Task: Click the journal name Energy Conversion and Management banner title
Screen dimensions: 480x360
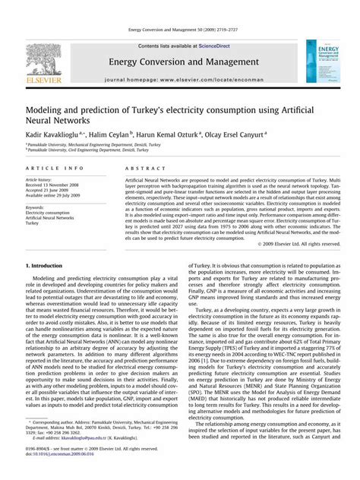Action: pyautogui.click(x=179, y=61)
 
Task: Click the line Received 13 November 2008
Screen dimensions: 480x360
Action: pyautogui.click(x=56, y=185)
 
